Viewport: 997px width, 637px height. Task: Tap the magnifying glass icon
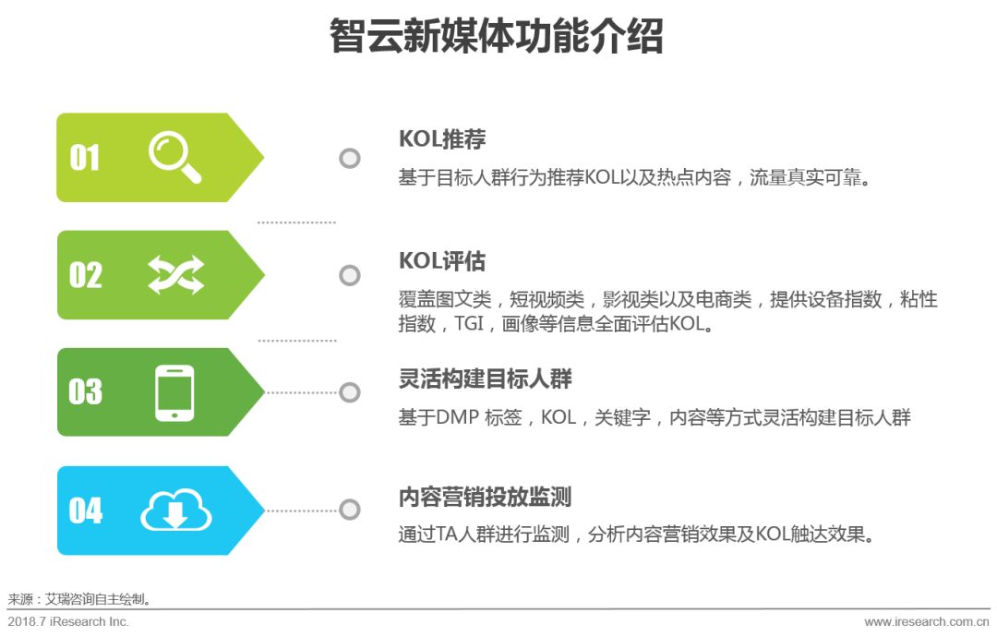click(174, 157)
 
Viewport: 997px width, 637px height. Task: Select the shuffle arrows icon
click(175, 275)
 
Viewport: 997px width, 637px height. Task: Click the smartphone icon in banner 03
click(174, 392)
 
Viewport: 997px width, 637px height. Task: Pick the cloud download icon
click(175, 511)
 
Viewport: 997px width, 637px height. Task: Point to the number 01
click(85, 158)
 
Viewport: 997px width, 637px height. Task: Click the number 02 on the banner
click(85, 275)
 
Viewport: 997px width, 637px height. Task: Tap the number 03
click(85, 392)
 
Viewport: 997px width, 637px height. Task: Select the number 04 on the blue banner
click(85, 511)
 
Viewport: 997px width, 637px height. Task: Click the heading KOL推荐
click(442, 139)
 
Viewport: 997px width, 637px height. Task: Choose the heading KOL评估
click(442, 261)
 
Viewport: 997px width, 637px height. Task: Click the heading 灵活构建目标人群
click(486, 379)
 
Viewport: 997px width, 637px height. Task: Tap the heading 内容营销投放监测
click(486, 498)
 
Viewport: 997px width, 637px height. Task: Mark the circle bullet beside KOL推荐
click(350, 158)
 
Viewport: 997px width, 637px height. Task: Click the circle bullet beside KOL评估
click(350, 275)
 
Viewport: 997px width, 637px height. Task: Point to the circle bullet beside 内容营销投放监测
click(350, 510)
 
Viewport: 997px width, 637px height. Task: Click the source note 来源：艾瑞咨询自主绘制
click(79, 599)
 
